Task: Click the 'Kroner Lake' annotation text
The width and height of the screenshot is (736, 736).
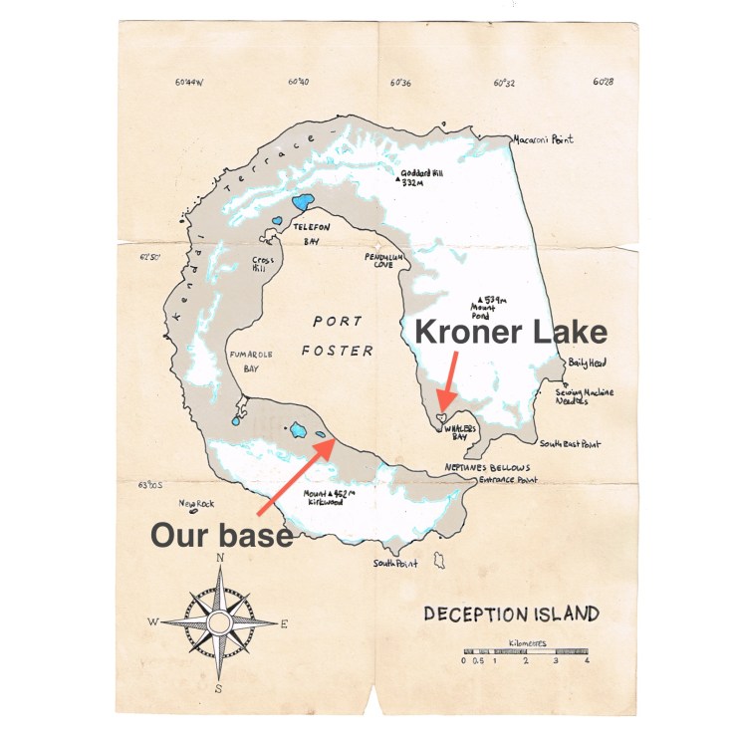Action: pos(510,332)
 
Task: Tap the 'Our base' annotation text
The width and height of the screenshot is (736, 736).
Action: pos(221,535)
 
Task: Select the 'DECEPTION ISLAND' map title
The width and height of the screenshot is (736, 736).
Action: pos(511,613)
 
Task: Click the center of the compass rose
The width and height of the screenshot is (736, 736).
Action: pos(219,622)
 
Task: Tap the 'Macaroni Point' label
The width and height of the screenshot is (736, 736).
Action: pos(544,140)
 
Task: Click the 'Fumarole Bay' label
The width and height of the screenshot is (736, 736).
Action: pos(247,359)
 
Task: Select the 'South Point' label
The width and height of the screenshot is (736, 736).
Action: pos(394,564)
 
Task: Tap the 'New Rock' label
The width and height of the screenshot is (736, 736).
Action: pos(197,503)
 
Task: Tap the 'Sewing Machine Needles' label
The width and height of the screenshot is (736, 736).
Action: pos(584,396)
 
